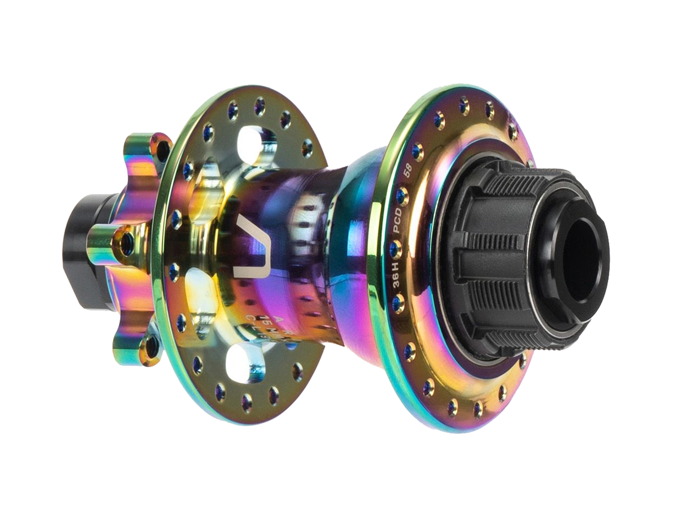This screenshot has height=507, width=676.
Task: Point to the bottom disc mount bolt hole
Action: click(154, 343)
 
